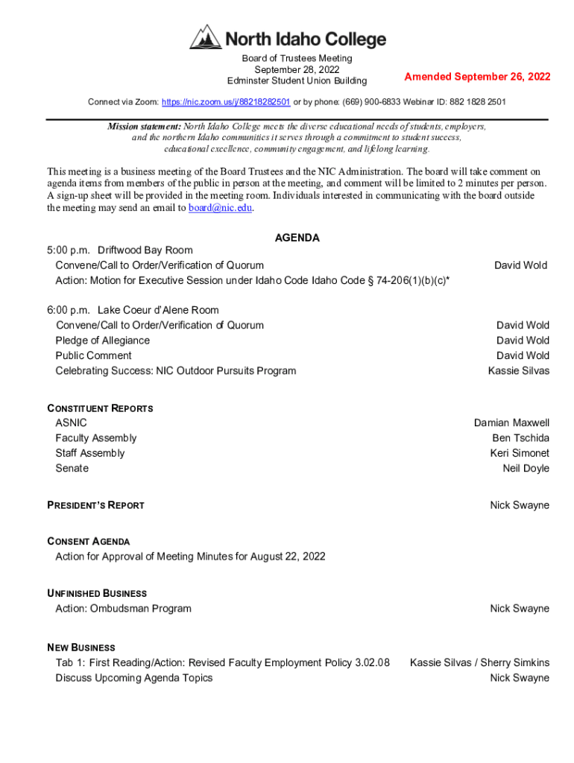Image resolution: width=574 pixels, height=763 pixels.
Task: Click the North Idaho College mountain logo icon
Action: pos(205,37)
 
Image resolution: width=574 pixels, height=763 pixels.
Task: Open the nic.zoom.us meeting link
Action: pos(226,101)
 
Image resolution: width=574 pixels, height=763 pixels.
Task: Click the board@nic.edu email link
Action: pos(220,208)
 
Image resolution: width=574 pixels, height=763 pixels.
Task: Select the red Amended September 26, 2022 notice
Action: pos(477,77)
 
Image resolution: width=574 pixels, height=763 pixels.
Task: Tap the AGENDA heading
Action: pos(297,238)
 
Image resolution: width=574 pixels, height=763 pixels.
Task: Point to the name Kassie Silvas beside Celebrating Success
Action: pos(518,370)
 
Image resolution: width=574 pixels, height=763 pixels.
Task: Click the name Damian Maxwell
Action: pos(511,422)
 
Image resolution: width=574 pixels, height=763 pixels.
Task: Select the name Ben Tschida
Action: pos(520,438)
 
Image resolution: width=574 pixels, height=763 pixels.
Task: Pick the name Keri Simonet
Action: pos(520,453)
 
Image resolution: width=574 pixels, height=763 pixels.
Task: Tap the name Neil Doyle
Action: pos(526,468)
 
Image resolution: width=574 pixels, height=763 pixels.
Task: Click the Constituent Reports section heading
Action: pos(100,408)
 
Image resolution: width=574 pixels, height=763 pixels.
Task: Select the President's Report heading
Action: pos(95,505)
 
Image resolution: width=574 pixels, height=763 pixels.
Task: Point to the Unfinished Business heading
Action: pos(97,593)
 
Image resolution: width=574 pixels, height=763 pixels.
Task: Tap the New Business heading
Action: pos(81,648)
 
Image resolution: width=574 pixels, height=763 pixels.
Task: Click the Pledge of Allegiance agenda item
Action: pos(102,341)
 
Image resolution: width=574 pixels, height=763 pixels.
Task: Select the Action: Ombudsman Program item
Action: pos(123,609)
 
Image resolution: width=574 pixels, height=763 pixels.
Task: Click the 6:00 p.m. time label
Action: pos(69,310)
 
